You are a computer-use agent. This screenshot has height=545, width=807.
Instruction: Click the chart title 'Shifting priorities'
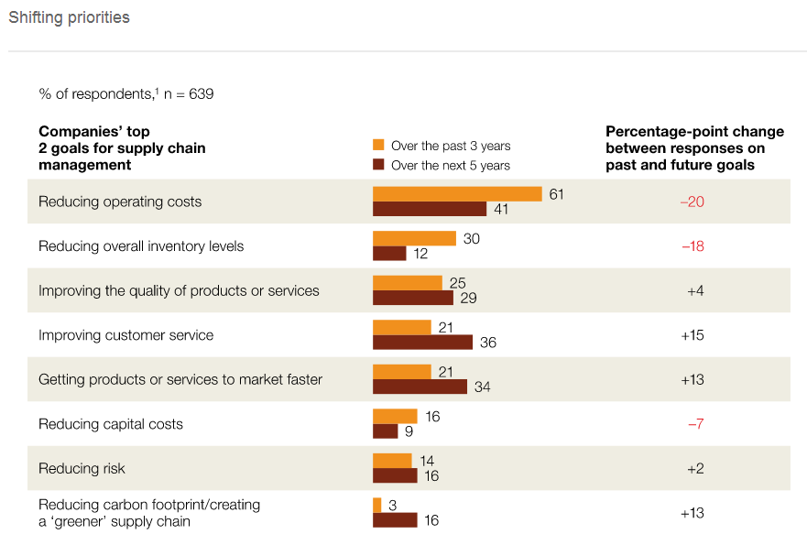tap(70, 17)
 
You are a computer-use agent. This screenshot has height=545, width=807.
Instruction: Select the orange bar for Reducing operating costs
tap(457, 194)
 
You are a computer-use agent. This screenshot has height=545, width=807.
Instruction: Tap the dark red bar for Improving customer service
tap(422, 343)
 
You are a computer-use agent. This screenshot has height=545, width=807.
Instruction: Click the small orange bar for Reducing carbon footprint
tap(376, 506)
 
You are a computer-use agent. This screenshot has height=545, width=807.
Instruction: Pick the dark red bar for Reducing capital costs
tap(385, 431)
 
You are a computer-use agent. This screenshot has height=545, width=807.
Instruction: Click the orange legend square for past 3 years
tap(377, 146)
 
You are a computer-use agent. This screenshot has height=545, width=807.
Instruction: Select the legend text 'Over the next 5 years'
tap(450, 166)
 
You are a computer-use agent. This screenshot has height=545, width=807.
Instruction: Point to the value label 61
tap(556, 194)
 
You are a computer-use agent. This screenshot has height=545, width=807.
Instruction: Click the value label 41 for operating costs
tap(501, 210)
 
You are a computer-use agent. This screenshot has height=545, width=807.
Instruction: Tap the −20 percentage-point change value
tap(692, 202)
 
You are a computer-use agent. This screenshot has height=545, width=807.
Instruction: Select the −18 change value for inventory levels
tap(692, 246)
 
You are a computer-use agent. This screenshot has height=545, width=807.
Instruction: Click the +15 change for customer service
tap(692, 335)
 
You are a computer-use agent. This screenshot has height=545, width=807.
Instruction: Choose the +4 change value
tap(695, 290)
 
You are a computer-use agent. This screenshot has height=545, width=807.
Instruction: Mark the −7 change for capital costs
tap(695, 424)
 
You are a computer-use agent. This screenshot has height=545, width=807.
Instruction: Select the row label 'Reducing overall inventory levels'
tap(141, 246)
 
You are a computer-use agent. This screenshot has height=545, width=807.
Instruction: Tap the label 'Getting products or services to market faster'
tap(180, 379)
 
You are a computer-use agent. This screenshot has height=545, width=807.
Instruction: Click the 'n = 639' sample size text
tap(189, 93)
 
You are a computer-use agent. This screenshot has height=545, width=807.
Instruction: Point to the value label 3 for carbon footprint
tap(392, 506)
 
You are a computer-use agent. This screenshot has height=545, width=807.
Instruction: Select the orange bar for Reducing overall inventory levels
tap(414, 238)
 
